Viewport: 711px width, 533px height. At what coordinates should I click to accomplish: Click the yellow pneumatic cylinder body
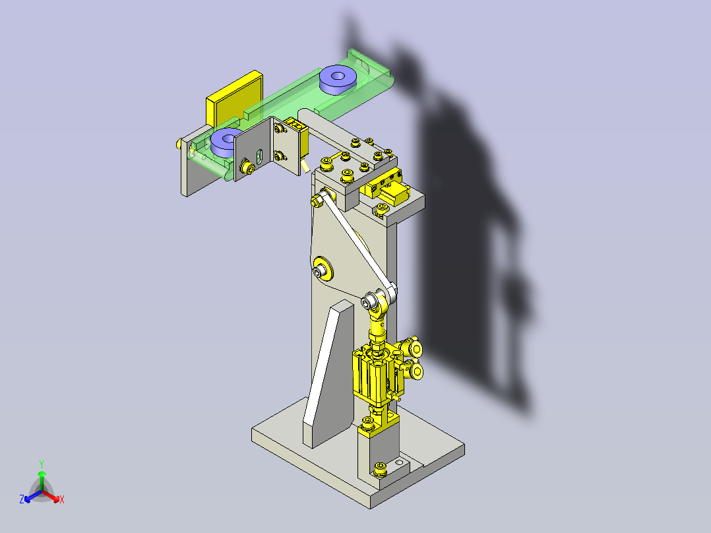(x=372, y=376)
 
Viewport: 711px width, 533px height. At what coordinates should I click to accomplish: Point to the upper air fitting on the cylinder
(x=416, y=349)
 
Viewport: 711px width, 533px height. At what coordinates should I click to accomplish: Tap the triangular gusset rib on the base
(x=328, y=373)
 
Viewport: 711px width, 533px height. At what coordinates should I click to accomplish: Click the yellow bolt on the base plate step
(x=379, y=469)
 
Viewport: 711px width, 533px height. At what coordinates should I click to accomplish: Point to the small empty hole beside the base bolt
(x=398, y=463)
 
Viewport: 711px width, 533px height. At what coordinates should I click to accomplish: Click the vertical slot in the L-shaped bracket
(x=259, y=156)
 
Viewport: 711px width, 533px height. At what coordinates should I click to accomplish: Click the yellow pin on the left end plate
(x=179, y=142)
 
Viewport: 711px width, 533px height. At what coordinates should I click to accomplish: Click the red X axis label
(x=61, y=500)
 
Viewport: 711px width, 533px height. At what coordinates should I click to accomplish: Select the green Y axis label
(x=41, y=463)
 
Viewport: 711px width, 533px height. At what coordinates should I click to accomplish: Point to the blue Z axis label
(x=22, y=499)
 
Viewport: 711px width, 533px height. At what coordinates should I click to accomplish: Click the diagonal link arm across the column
(x=353, y=244)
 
